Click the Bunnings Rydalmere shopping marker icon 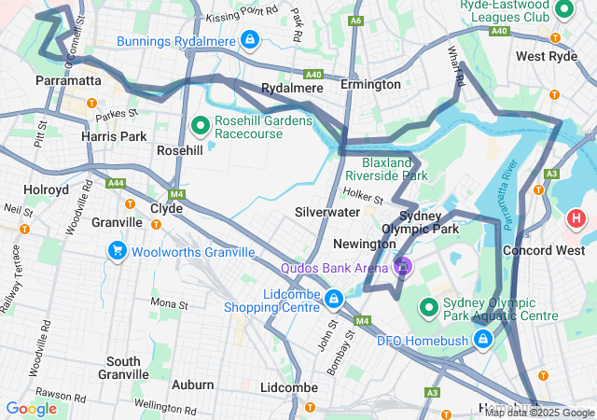249,40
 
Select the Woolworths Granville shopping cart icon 117,251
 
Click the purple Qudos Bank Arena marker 403,267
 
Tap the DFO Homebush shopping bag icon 482,339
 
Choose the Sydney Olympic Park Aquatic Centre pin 429,305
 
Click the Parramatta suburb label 68,81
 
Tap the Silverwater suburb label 327,212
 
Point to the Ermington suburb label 370,86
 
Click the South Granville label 123,368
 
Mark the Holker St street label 363,197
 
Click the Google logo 31,408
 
